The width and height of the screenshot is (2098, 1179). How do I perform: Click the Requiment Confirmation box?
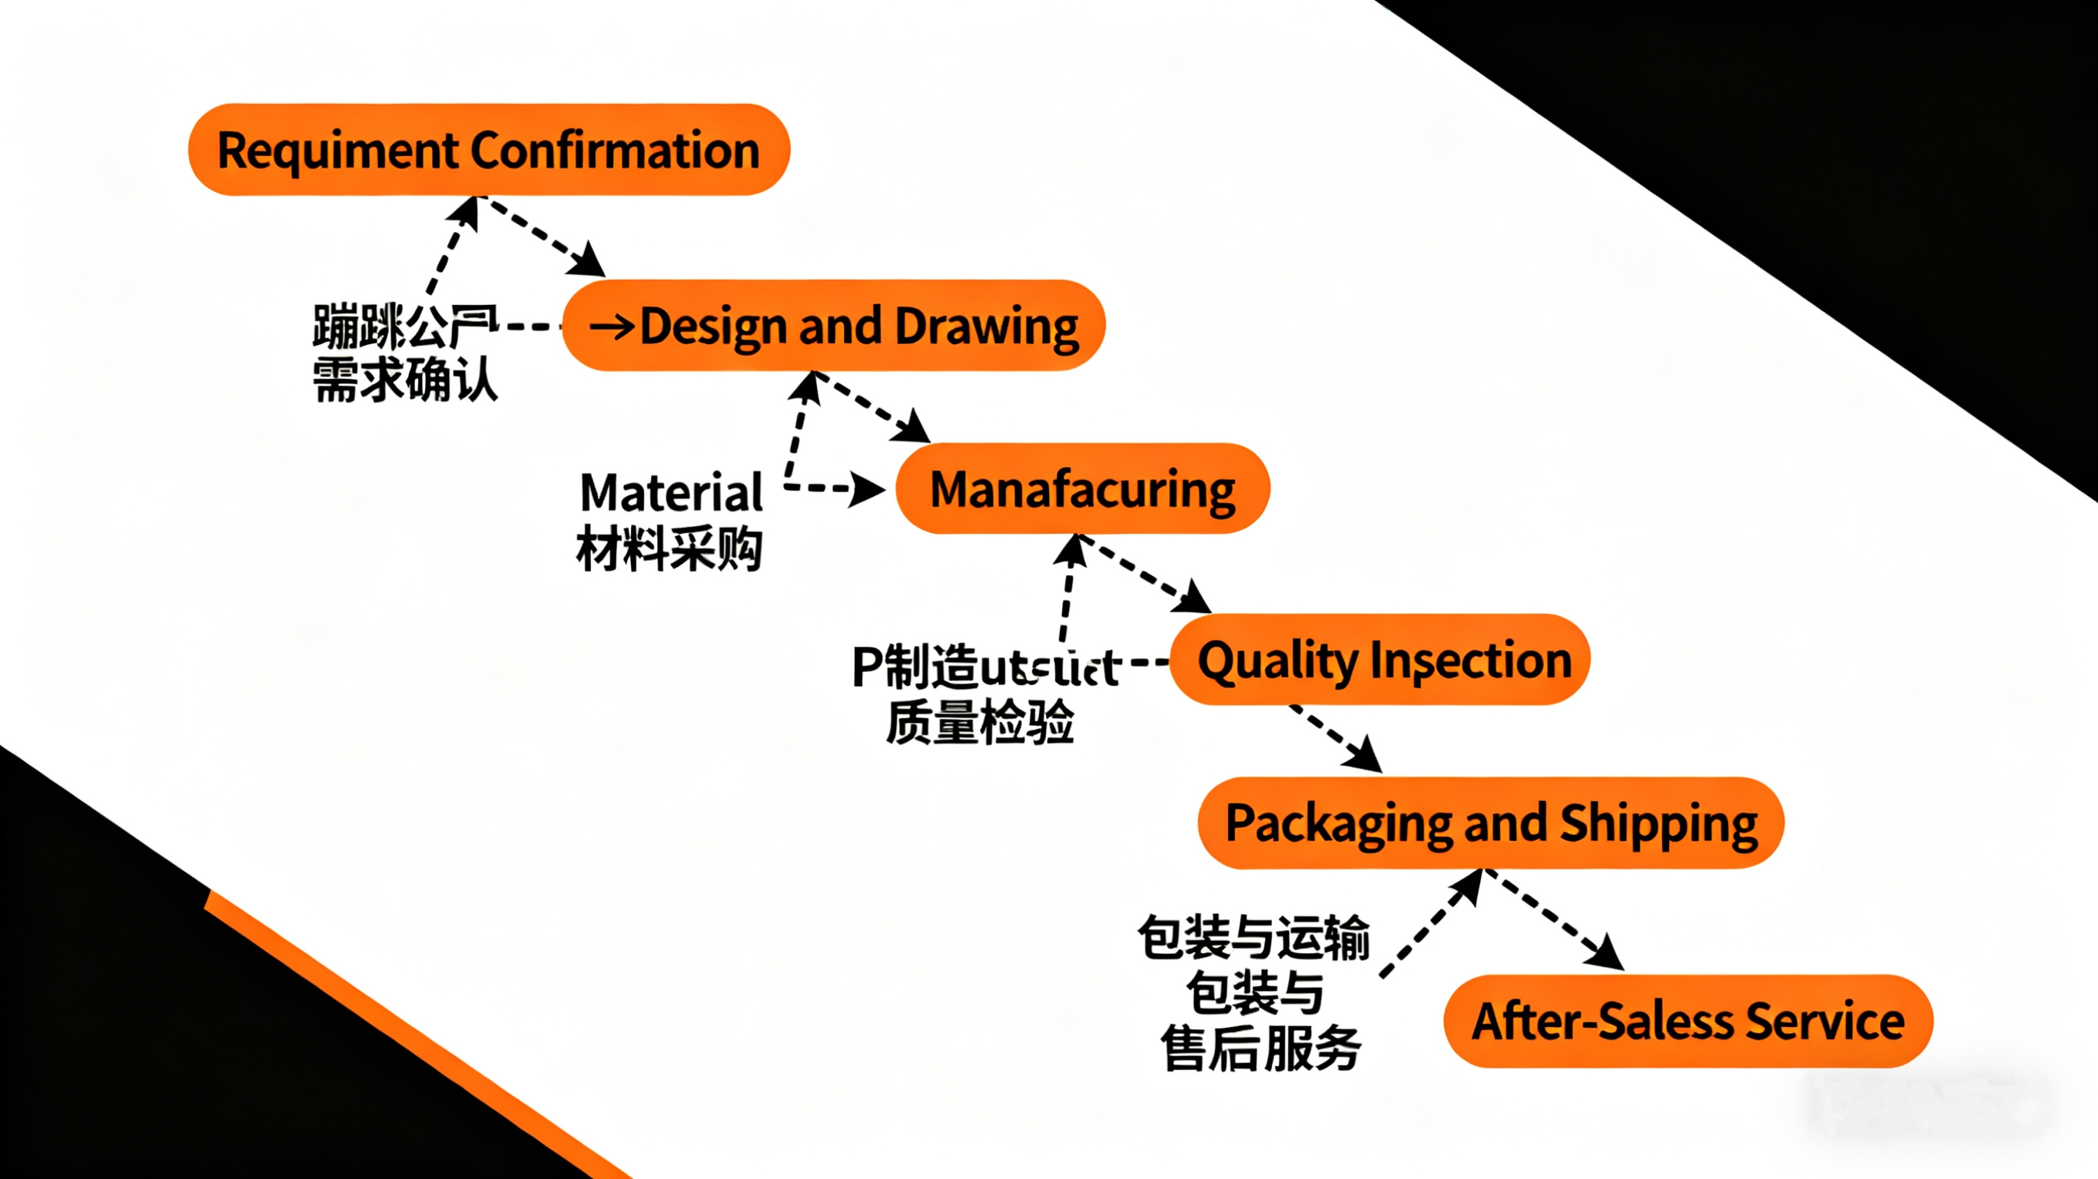click(489, 150)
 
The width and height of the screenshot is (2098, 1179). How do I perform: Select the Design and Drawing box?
click(833, 326)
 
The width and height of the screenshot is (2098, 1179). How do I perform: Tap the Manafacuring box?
click(1082, 488)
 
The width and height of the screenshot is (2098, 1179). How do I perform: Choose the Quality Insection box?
click(1379, 660)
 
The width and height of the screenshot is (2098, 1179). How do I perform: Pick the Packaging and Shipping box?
click(1490, 823)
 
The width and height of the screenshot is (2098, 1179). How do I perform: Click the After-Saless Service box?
click(1688, 1021)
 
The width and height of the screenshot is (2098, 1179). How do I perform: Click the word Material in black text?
click(671, 492)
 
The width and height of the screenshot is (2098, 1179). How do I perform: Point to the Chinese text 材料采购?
click(669, 548)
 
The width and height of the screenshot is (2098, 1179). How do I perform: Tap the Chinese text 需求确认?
click(405, 379)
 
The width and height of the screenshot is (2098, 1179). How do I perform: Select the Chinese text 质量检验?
click(980, 721)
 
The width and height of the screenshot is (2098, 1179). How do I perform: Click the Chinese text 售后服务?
click(1261, 1048)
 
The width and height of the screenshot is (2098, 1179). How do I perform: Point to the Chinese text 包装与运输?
click(1254, 938)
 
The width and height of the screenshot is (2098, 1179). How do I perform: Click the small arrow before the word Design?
click(612, 327)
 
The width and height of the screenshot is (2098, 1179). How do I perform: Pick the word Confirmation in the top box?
click(615, 151)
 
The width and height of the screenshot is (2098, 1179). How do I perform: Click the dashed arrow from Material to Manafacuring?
click(834, 489)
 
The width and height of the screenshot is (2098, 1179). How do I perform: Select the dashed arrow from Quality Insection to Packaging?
click(1336, 737)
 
